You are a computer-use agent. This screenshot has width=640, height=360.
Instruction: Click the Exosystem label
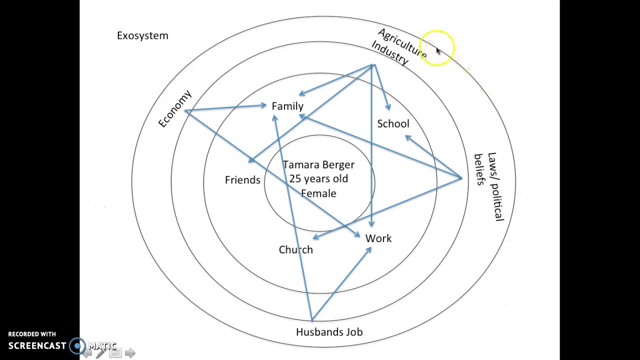coord(142,35)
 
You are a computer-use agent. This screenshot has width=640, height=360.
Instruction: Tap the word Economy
coord(175,109)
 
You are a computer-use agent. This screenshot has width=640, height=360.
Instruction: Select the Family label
coord(287,106)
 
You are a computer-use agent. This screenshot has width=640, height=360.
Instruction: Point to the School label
coord(393,123)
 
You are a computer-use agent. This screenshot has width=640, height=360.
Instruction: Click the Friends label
coord(242,180)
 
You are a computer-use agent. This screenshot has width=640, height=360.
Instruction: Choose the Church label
coord(295,249)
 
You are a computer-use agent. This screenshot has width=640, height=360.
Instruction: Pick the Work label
coord(378,238)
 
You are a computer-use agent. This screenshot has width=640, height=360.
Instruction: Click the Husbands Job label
coord(329,332)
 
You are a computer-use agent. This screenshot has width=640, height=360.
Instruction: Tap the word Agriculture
coord(402,42)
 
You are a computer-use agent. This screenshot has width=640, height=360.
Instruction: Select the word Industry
coord(390,52)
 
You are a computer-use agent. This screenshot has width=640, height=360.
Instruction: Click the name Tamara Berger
coord(318,164)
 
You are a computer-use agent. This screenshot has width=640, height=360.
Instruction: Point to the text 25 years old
coord(318,178)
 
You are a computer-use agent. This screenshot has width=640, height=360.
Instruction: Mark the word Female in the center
coord(318,193)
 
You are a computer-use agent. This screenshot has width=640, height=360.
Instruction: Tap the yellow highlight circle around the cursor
coord(437,47)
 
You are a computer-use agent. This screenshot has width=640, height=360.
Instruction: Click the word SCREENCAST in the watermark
coord(37,345)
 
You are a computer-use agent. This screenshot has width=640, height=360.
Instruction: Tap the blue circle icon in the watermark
coord(77,345)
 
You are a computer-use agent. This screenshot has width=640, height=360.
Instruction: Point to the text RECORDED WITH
coord(32,334)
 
